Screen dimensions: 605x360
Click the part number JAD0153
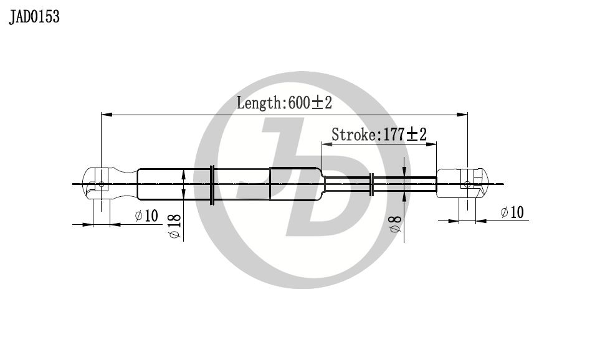(x=34, y=17)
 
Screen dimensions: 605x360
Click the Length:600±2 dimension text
(x=284, y=103)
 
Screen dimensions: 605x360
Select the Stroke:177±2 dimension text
(x=379, y=135)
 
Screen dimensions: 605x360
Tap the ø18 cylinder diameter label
(x=175, y=226)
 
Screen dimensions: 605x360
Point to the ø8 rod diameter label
(x=396, y=224)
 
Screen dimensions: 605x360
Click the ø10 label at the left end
(x=146, y=216)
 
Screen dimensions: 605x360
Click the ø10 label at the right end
(x=512, y=212)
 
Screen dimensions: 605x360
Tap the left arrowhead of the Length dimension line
(x=107, y=115)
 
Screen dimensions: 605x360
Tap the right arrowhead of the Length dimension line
(x=462, y=115)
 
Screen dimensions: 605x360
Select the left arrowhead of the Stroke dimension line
(x=327, y=144)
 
